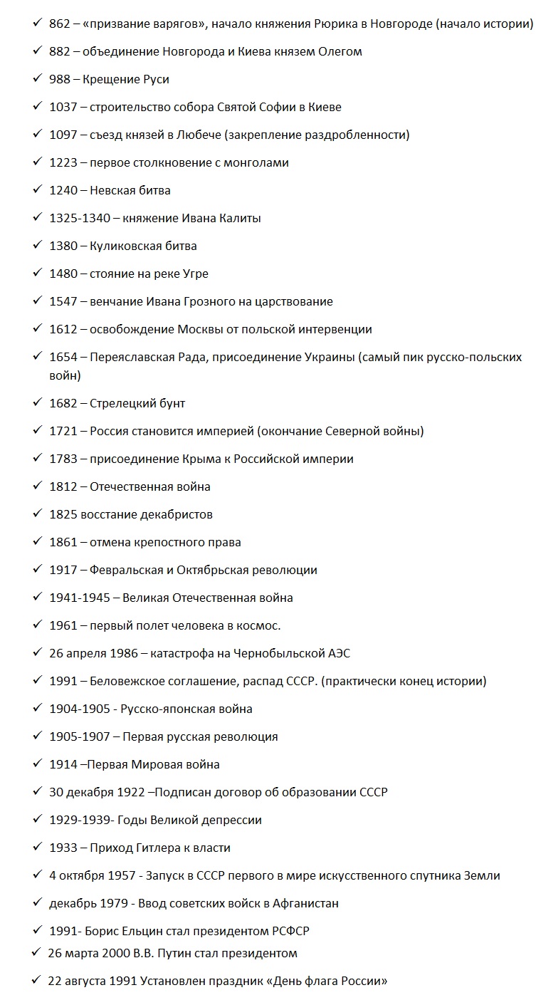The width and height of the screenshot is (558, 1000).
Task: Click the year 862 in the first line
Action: (59, 24)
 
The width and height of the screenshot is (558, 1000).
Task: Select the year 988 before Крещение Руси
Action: (59, 80)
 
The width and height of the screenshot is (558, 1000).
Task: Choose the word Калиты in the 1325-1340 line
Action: (240, 219)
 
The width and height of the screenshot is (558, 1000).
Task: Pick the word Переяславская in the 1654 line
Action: (132, 358)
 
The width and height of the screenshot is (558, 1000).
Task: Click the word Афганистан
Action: (302, 904)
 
